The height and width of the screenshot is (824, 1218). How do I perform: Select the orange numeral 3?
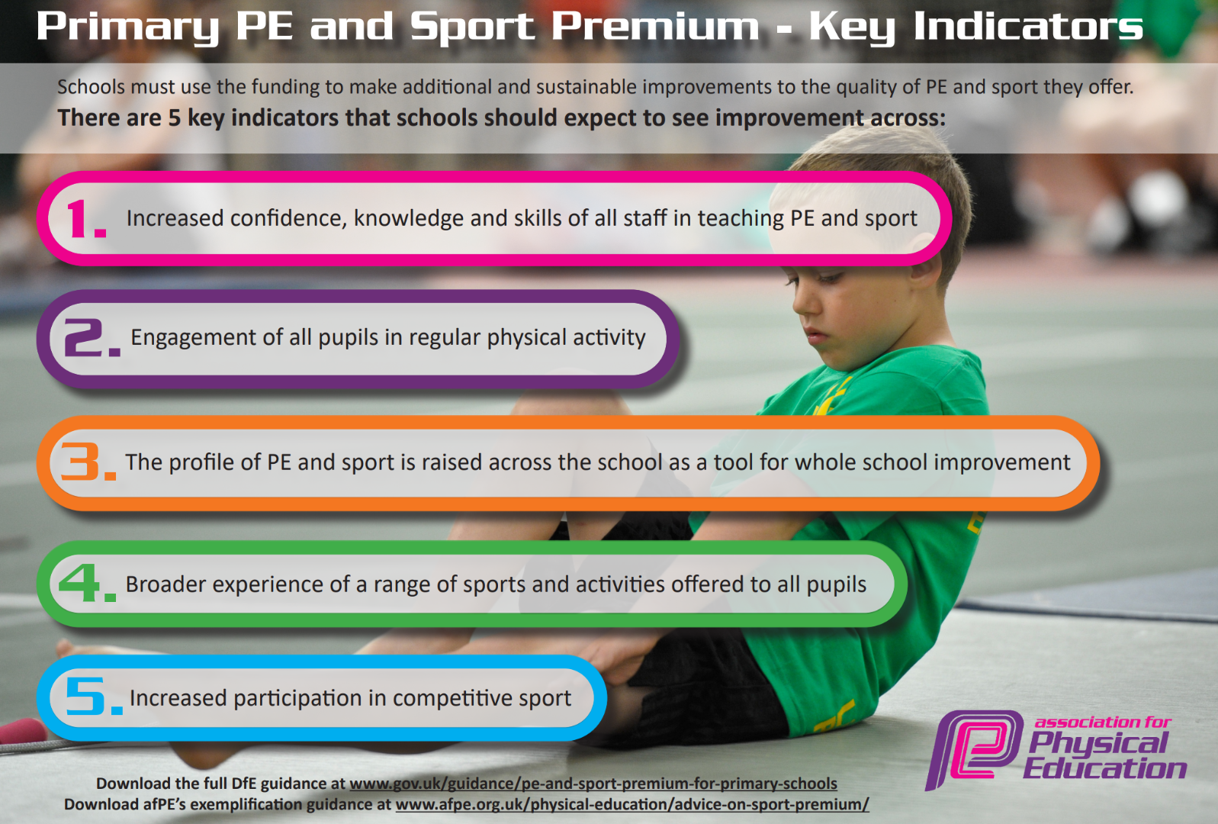click(x=81, y=462)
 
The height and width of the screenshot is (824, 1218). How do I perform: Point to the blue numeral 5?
click(x=86, y=696)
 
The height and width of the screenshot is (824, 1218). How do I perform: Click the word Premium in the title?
click(x=654, y=26)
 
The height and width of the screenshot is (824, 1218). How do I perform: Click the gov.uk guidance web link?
click(x=593, y=784)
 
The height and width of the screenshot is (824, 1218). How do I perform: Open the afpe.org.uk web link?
click(x=632, y=804)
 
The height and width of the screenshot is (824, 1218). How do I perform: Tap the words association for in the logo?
click(x=1102, y=723)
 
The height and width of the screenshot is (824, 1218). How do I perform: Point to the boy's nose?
click(x=802, y=306)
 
